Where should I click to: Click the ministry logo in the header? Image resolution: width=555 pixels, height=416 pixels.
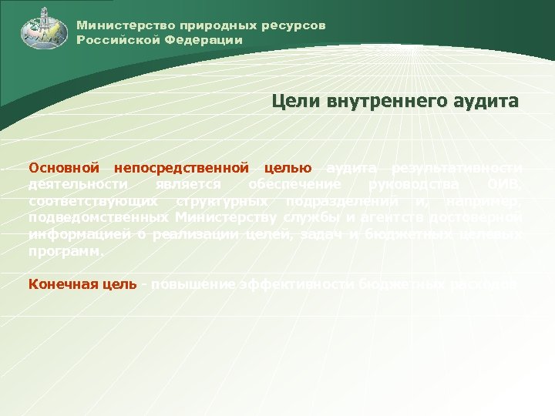click(39, 29)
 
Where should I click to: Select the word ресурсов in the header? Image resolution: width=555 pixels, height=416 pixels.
click(298, 25)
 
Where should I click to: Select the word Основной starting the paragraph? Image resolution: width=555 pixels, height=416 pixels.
click(64, 167)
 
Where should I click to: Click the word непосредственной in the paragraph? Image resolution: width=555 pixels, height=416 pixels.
click(181, 167)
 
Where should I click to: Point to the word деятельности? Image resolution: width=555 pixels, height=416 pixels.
click(78, 184)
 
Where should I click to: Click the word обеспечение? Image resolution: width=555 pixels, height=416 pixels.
click(293, 184)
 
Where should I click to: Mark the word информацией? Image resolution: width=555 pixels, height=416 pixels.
click(79, 235)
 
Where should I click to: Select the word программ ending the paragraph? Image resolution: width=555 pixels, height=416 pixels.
click(65, 252)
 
